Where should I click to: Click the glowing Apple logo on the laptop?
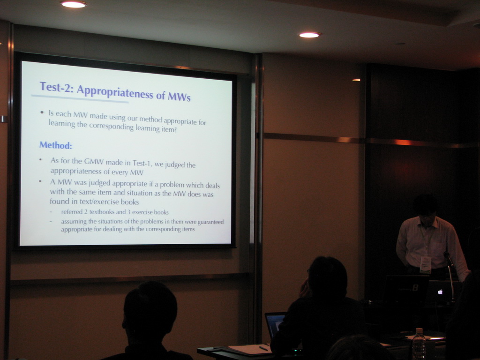pos(440,292)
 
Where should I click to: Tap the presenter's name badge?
pos(426,264)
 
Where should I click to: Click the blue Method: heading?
pos(56,145)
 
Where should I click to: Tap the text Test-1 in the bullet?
pos(142,164)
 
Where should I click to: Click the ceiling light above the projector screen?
pos(74,4)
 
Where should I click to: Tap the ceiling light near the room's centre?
pos(309,35)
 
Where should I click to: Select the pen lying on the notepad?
pos(263,348)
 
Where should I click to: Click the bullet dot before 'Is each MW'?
pos(42,112)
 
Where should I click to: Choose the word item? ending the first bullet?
pos(169,129)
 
